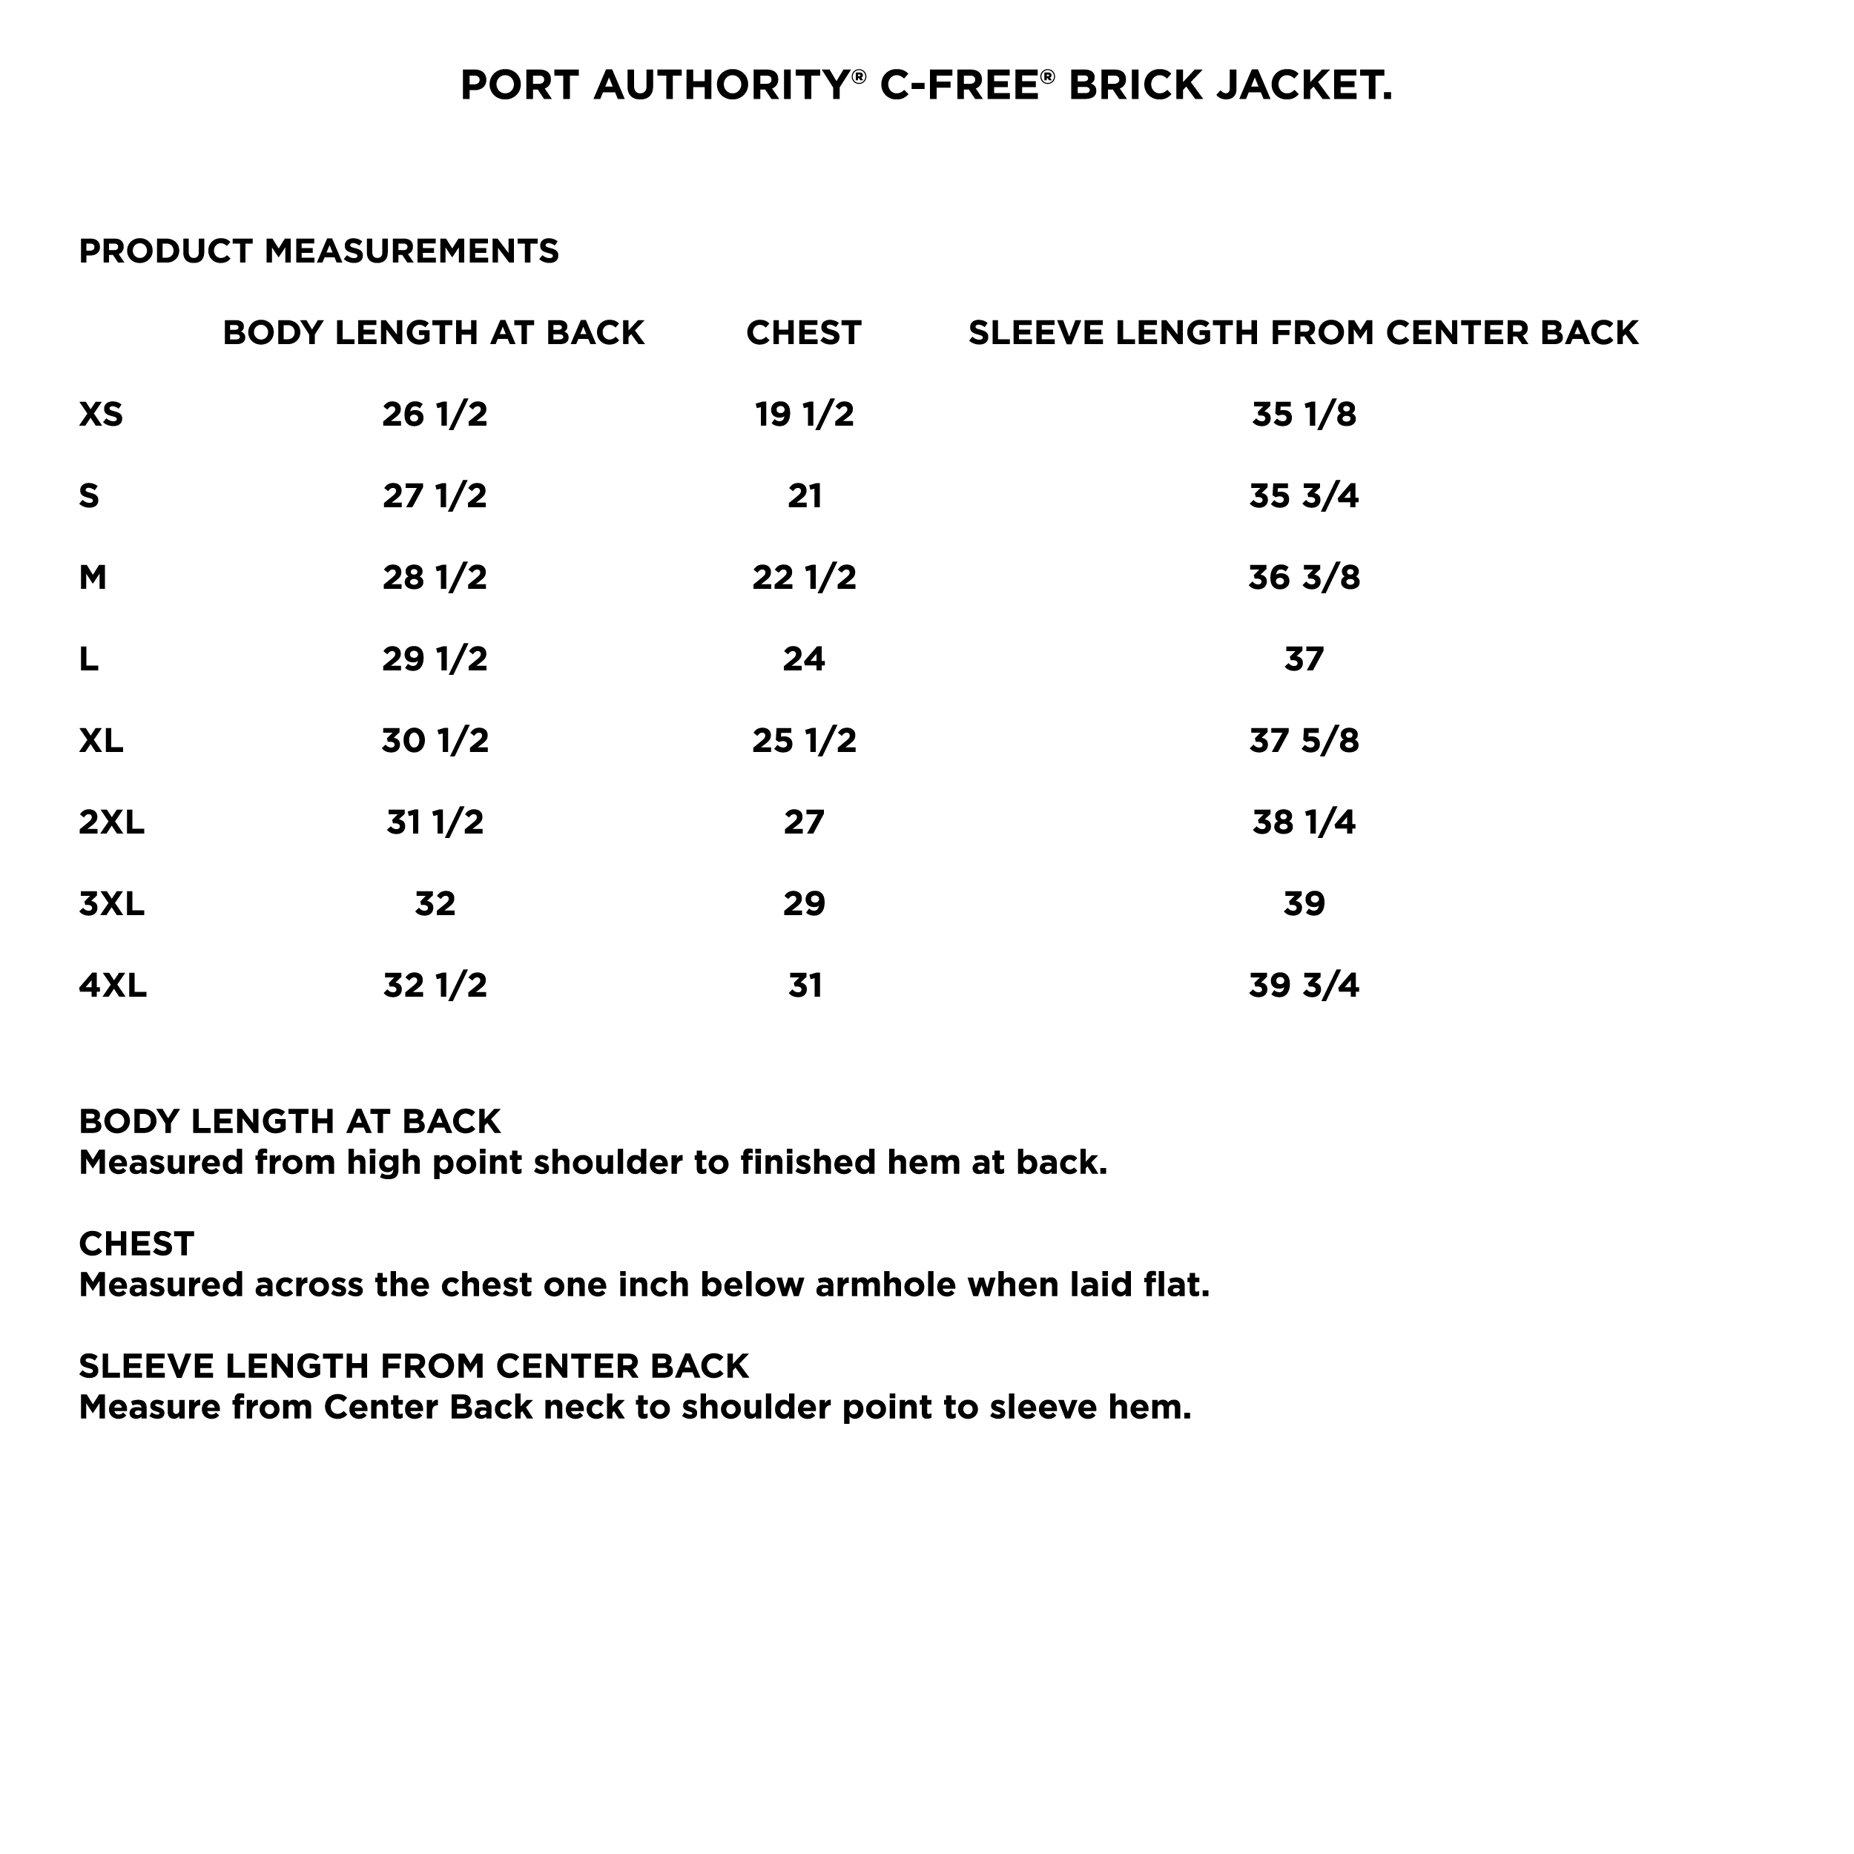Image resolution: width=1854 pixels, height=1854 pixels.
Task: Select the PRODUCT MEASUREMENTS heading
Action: click(319, 251)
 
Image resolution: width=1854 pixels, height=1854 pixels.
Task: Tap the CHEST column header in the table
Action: click(803, 333)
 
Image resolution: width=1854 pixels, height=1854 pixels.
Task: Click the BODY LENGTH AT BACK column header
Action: click(434, 333)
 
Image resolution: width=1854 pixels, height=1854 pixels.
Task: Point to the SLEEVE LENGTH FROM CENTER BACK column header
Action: click(1303, 333)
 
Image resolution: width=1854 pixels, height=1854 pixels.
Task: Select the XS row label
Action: click(101, 415)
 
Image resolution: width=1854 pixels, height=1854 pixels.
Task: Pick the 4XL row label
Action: click(112, 986)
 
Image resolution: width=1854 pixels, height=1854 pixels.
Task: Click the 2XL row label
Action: click(111, 822)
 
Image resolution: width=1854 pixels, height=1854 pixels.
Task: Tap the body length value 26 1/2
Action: click(435, 415)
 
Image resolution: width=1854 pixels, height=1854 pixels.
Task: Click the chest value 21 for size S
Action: click(804, 496)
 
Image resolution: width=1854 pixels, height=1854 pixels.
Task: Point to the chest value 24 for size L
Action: click(804, 659)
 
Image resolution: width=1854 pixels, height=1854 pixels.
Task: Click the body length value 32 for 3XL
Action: click(435, 904)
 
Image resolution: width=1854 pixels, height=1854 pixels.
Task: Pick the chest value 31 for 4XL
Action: click(804, 986)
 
